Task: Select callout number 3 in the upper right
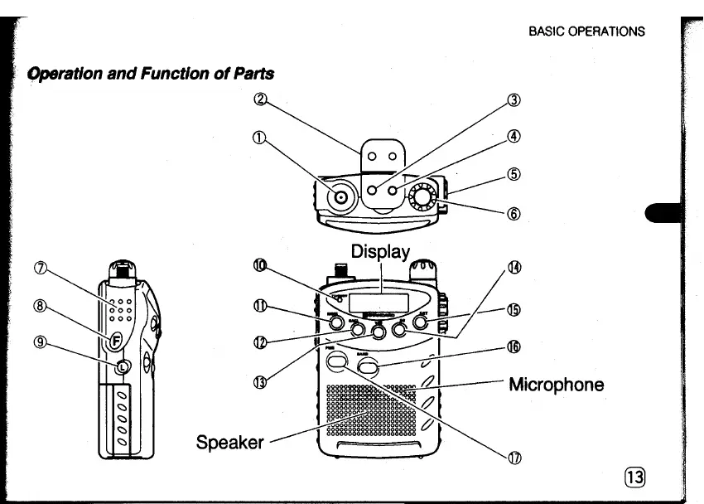click(514, 101)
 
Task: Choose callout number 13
click(260, 381)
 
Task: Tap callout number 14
click(514, 267)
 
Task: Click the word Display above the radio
click(381, 251)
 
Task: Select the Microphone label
click(556, 385)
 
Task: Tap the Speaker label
click(229, 442)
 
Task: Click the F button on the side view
click(116, 340)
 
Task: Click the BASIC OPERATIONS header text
click(586, 31)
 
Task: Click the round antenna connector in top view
click(341, 197)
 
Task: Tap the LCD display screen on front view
click(379, 302)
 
